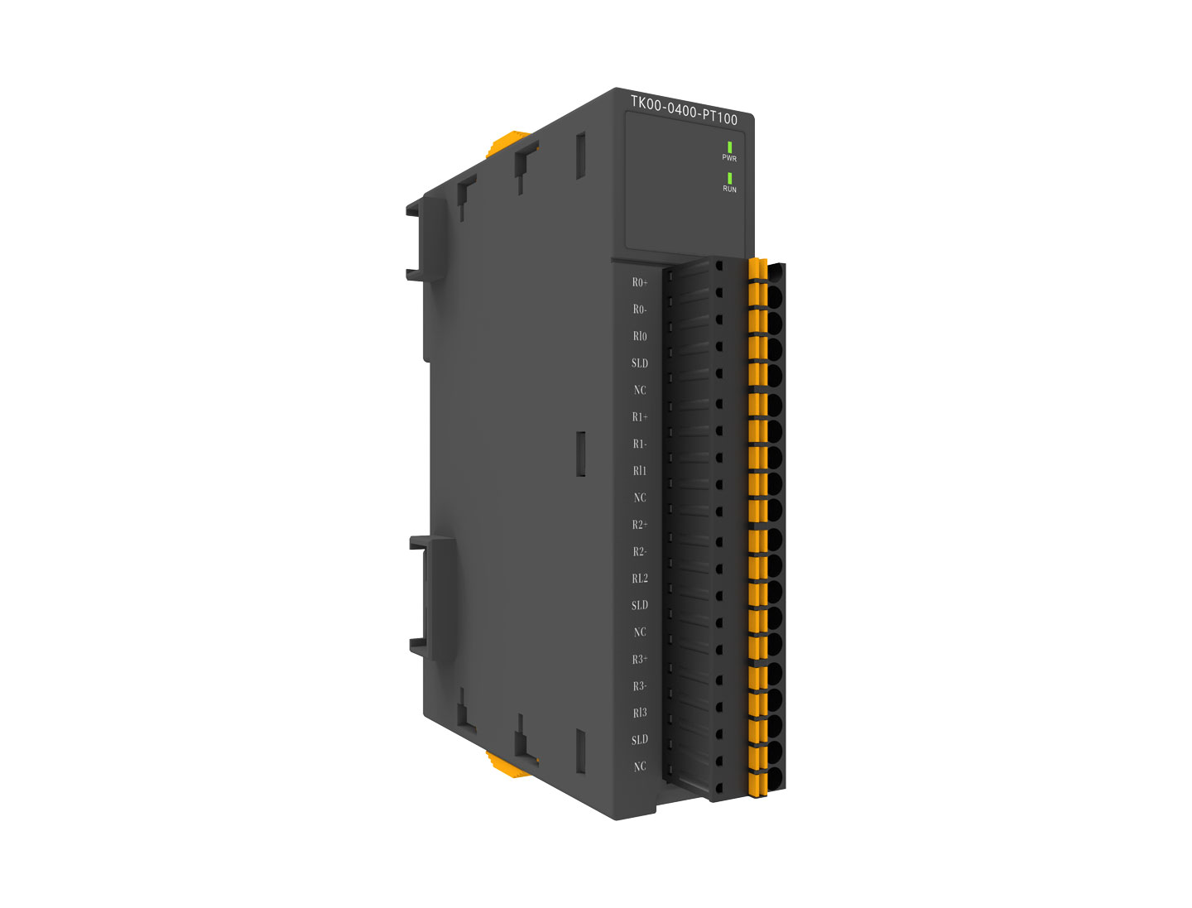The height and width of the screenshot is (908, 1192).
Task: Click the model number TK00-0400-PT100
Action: (684, 110)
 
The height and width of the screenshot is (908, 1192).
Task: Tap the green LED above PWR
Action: (729, 147)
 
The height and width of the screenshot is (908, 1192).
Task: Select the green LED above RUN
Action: (729, 178)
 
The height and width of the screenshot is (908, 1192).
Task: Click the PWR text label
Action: (728, 158)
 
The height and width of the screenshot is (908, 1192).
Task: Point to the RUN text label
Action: (729, 189)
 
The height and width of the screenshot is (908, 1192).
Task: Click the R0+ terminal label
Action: (640, 282)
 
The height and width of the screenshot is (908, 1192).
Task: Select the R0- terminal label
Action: (640, 309)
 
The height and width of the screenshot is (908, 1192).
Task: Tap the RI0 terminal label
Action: (640, 336)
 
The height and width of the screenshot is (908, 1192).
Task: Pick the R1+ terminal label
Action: (640, 416)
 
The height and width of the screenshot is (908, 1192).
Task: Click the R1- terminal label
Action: (640, 444)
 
